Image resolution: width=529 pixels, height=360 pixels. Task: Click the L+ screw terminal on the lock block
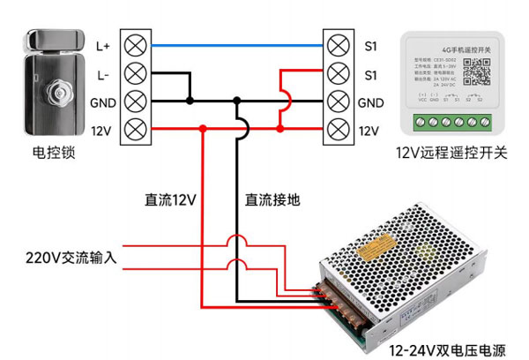[136, 43]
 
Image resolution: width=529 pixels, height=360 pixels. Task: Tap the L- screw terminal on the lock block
[136, 72]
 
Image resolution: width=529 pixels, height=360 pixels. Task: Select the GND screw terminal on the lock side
[136, 101]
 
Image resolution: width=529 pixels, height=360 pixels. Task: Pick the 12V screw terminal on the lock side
[136, 131]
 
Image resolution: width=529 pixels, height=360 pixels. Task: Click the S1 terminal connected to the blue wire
[337, 43]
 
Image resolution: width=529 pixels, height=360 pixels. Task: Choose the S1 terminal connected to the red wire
[337, 72]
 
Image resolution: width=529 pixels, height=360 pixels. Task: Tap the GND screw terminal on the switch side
[337, 101]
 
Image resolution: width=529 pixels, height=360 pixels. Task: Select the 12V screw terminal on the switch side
[337, 131]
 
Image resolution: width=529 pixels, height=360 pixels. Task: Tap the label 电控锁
[54, 153]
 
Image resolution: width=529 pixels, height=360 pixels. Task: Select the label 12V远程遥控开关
[452, 153]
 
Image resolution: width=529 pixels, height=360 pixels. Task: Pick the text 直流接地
[272, 199]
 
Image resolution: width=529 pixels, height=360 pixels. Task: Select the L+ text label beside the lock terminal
[102, 44]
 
